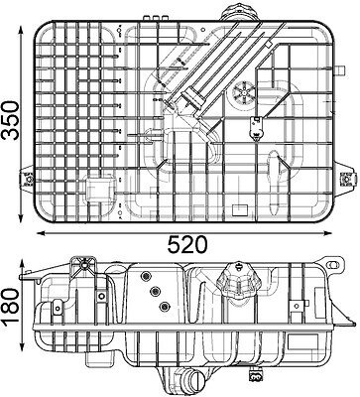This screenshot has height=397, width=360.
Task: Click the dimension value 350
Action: tap(10, 121)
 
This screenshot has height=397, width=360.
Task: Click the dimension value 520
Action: tap(187, 245)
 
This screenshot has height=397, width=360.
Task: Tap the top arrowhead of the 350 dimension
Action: tap(22, 31)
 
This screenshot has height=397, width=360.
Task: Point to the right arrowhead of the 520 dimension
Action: tap(327, 233)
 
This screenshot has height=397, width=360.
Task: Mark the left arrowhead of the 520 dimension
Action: tap(41, 233)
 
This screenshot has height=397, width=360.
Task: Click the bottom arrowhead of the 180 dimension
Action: tap(22, 346)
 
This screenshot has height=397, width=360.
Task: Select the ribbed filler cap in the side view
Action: tap(237, 281)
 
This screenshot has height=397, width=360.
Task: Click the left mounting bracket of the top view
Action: tap(28, 180)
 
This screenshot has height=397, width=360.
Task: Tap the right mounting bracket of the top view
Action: tap(346, 179)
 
